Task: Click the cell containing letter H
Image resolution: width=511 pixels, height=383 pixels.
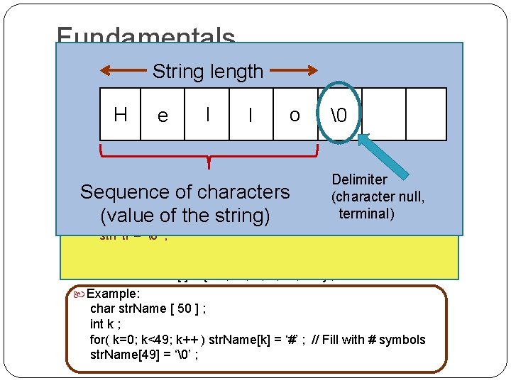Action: coord(121,114)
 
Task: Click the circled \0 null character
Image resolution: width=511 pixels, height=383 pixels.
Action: coord(339,114)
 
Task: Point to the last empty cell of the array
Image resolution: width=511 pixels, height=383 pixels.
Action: coord(426,114)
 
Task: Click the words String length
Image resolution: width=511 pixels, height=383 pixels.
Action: coord(208,72)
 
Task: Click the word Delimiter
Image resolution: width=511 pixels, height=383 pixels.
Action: coord(359,179)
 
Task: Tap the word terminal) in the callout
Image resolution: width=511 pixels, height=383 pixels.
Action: coord(366,213)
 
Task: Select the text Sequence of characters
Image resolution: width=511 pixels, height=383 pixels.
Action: coord(185,191)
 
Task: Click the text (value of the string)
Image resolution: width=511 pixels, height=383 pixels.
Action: coord(185,214)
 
